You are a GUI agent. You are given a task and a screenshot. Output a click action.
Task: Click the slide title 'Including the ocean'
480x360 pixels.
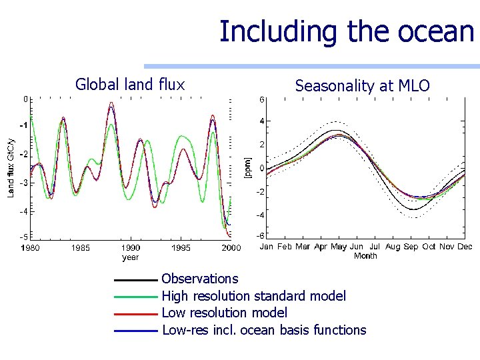pyautogui.click(x=346, y=31)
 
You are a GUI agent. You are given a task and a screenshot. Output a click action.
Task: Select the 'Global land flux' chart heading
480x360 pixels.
pyautogui.click(x=129, y=84)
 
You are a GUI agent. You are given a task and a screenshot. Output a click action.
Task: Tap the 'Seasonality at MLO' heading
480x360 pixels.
pyautogui.click(x=362, y=85)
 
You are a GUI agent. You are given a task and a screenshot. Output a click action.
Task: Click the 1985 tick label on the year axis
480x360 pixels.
pyautogui.click(x=81, y=248)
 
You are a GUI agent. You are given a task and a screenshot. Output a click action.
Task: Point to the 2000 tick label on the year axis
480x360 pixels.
pyautogui.click(x=231, y=248)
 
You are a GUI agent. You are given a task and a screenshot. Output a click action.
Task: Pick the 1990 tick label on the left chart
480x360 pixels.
pyautogui.click(x=131, y=248)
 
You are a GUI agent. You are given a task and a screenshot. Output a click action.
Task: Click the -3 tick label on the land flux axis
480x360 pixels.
pyautogui.click(x=23, y=183)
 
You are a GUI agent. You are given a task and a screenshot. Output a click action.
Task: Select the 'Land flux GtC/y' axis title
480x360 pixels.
pyautogui.click(x=11, y=167)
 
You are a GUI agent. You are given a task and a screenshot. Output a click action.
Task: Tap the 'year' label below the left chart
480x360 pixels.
pyautogui.click(x=131, y=257)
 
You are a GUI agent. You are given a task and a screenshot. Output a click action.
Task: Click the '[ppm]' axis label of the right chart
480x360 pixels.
pyautogui.click(x=247, y=167)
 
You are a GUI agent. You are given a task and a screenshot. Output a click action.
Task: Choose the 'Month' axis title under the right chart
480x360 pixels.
pyautogui.click(x=365, y=255)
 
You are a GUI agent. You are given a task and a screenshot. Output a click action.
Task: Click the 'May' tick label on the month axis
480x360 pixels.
pyautogui.click(x=339, y=247)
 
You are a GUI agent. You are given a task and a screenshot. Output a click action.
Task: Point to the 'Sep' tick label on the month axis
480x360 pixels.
pyautogui.click(x=411, y=247)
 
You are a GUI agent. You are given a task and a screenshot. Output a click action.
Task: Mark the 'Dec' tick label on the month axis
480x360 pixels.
pyautogui.click(x=464, y=247)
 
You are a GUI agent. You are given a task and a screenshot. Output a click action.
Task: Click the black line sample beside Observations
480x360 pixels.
pyautogui.click(x=137, y=279)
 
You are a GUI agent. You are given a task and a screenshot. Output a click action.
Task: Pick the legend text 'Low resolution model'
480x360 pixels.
pyautogui.click(x=225, y=313)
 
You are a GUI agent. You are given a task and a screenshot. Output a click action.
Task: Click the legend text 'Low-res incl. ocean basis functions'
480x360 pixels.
pyautogui.click(x=264, y=330)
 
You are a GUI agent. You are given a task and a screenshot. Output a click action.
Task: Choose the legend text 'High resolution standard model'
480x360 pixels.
pyautogui.click(x=254, y=296)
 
